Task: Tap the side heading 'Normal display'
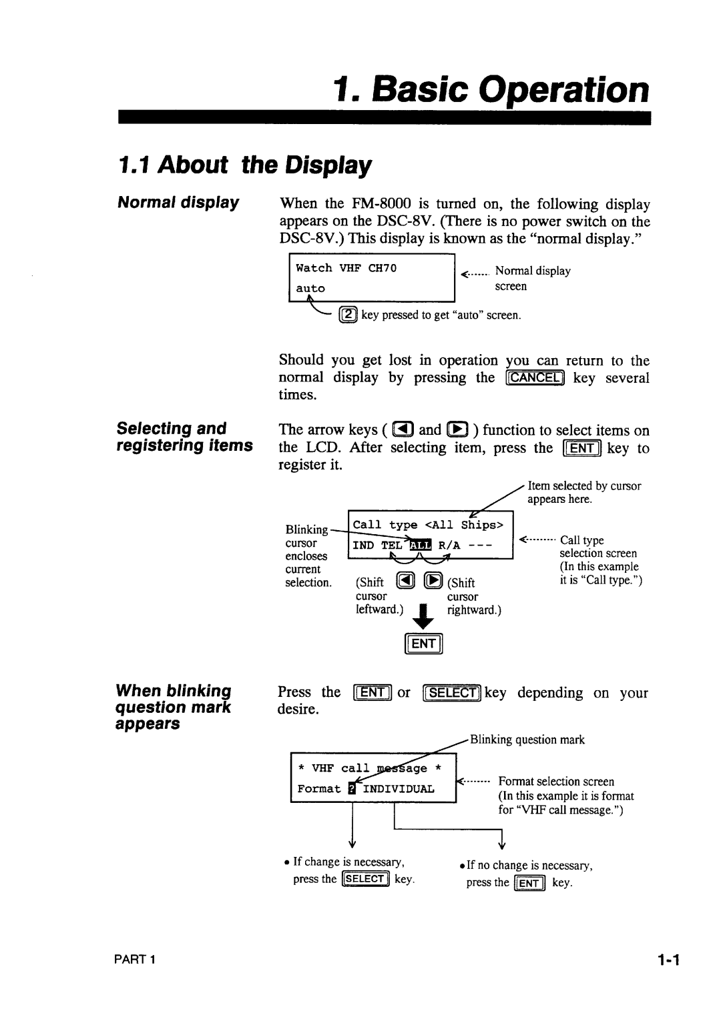click(x=178, y=202)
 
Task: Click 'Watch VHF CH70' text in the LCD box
click(x=346, y=268)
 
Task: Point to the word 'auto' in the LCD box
click(x=310, y=288)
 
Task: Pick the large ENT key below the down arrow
click(x=424, y=644)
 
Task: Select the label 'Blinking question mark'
click(x=527, y=740)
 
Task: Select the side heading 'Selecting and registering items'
click(x=185, y=436)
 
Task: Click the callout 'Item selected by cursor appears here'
click(x=584, y=492)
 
